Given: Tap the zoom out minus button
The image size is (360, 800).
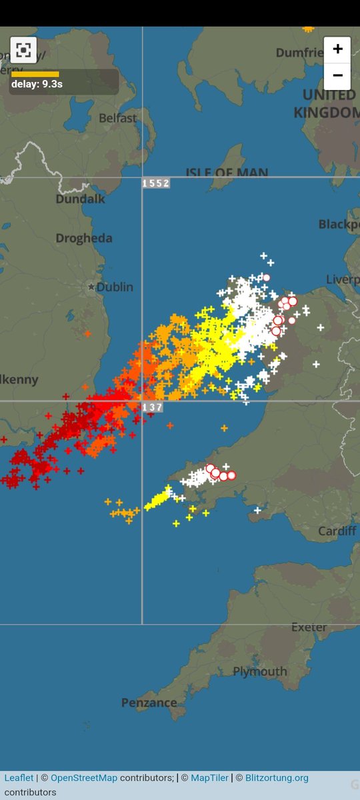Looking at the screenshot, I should [x=337, y=75].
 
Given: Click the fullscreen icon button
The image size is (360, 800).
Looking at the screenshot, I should [x=23, y=50].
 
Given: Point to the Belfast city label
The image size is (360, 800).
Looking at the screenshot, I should [x=117, y=118].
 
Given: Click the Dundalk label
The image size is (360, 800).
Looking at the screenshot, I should [x=80, y=199].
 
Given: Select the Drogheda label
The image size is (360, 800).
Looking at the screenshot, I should [x=84, y=238].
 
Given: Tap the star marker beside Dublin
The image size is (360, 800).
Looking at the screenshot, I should [x=91, y=287].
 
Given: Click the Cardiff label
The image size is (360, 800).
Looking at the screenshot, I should [x=337, y=531].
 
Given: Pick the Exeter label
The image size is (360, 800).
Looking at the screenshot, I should [x=309, y=627].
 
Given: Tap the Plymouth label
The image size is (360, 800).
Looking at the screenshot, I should [x=260, y=671].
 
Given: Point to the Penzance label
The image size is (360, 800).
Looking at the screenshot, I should [x=149, y=703].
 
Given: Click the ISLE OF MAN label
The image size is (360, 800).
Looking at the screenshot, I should [x=227, y=173].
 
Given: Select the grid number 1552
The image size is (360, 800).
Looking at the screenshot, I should [x=155, y=183].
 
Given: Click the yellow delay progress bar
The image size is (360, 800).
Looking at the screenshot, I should [x=35, y=74].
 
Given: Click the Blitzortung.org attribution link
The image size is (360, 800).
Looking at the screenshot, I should [x=277, y=778].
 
